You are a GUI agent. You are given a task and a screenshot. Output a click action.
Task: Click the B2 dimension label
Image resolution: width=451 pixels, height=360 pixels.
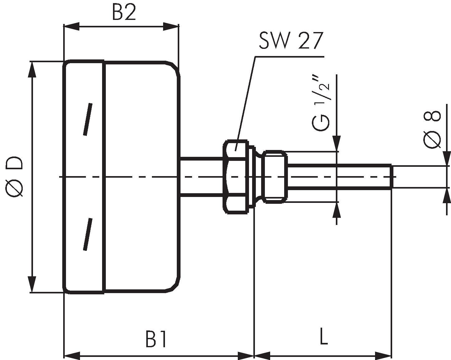pyautogui.click(x=124, y=13)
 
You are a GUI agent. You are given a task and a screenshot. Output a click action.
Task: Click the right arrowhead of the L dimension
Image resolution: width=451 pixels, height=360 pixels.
pyautogui.click(x=383, y=355)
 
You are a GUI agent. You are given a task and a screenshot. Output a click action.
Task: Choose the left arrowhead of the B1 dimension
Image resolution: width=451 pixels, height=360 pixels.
pyautogui.click(x=71, y=355)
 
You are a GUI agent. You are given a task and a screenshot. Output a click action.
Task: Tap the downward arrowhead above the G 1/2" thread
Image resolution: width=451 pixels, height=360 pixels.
pyautogui.click(x=336, y=143)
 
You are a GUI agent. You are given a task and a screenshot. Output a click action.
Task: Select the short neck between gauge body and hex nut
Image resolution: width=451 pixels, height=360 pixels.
pyautogui.click(x=202, y=176)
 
